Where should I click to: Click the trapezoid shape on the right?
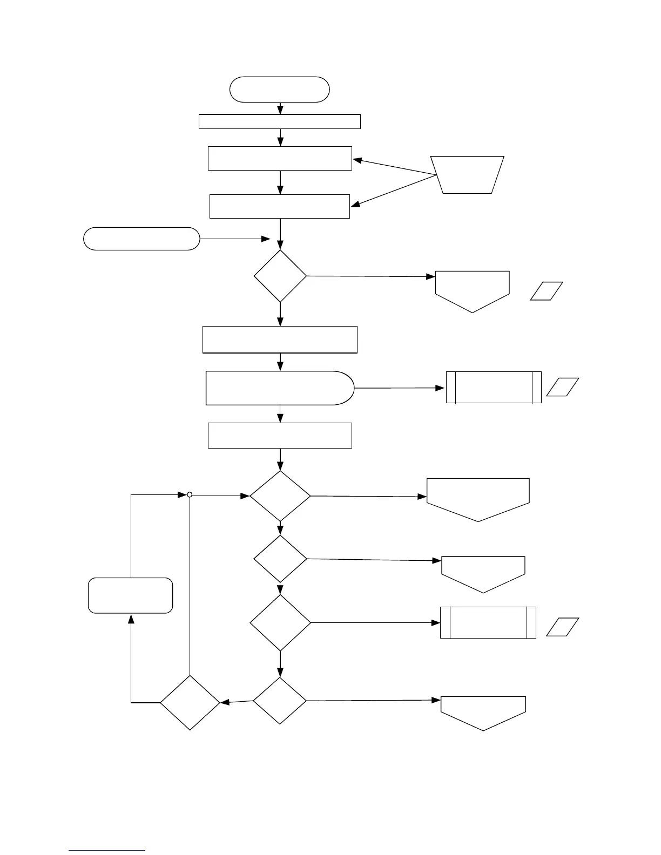point(468,174)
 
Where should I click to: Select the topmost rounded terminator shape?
point(279,89)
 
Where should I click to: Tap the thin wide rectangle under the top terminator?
point(279,121)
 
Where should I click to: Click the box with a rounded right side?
point(280,388)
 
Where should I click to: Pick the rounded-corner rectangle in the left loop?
point(130,595)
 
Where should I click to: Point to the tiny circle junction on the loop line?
point(190,494)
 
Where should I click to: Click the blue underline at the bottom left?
point(107,851)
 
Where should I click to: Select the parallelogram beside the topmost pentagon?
point(547,291)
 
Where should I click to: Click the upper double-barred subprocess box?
point(494,387)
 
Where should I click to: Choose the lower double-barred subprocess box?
point(488,622)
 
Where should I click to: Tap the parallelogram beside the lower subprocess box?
point(563,627)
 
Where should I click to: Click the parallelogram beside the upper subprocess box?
point(563,387)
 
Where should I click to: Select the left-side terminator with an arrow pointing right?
point(141,239)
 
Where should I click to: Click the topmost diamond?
point(280,276)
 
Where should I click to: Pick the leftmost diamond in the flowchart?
point(190,702)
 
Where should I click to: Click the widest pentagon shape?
point(478,498)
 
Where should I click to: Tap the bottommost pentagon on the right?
point(483,711)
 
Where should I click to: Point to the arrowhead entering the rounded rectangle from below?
point(130,619)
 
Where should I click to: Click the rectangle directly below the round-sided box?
point(280,436)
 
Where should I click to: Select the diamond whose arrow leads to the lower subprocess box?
point(280,623)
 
